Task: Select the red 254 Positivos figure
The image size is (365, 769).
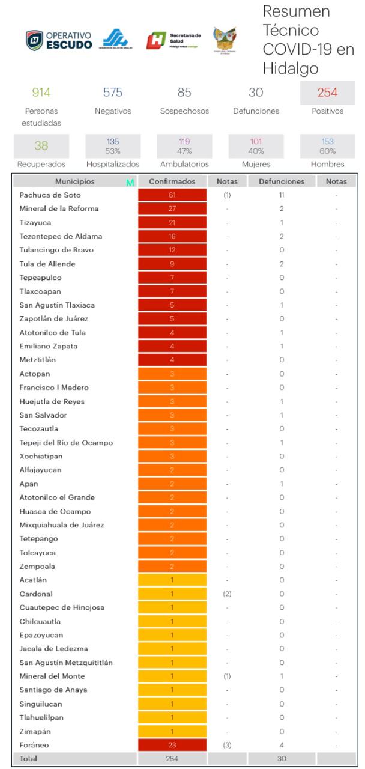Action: [327, 93]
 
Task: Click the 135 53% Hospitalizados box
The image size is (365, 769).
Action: [113, 146]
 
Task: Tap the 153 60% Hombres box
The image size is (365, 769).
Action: [327, 146]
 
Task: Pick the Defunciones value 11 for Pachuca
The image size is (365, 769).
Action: [281, 195]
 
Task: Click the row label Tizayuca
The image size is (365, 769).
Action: [32, 222]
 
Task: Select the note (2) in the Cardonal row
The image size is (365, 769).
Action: [226, 594]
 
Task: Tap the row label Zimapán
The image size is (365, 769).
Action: [33, 731]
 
